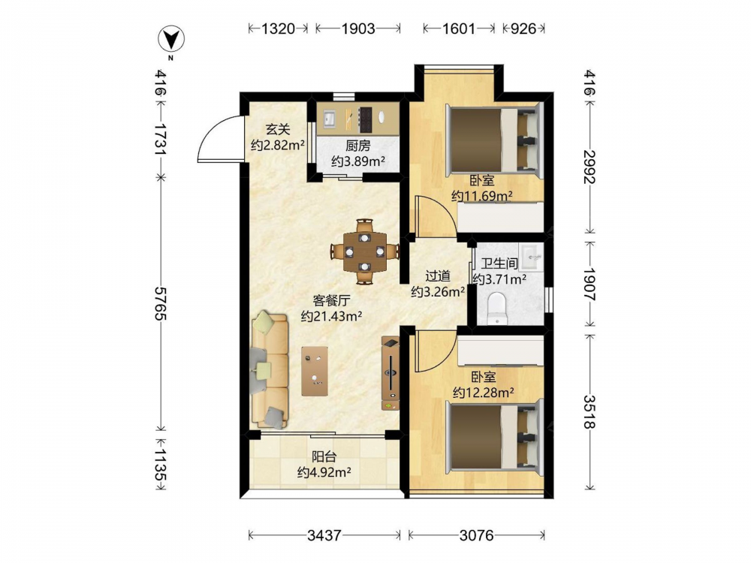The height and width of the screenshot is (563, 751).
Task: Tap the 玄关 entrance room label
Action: (x=278, y=129)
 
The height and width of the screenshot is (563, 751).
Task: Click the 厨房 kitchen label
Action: (x=357, y=146)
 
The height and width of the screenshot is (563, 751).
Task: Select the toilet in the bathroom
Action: (x=496, y=309)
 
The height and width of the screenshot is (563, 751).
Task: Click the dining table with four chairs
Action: (x=365, y=251)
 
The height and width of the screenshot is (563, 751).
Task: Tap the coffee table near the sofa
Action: (x=315, y=371)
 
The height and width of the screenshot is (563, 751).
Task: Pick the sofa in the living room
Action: (x=269, y=369)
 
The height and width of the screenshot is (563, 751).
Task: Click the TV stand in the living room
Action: (x=391, y=373)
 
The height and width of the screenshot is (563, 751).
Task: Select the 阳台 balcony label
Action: (x=324, y=456)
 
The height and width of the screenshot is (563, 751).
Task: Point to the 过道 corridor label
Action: (x=438, y=276)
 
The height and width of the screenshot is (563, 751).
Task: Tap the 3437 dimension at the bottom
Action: (x=324, y=534)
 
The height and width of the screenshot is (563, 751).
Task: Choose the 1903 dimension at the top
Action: (x=357, y=29)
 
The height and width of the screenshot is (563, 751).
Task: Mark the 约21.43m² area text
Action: (x=331, y=316)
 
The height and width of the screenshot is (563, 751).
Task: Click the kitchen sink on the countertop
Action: (x=329, y=117)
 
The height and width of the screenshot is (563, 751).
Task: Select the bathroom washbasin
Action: (x=532, y=257)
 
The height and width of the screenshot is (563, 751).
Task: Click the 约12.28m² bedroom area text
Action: (x=484, y=393)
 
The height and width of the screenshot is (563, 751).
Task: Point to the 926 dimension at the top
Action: (x=523, y=29)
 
